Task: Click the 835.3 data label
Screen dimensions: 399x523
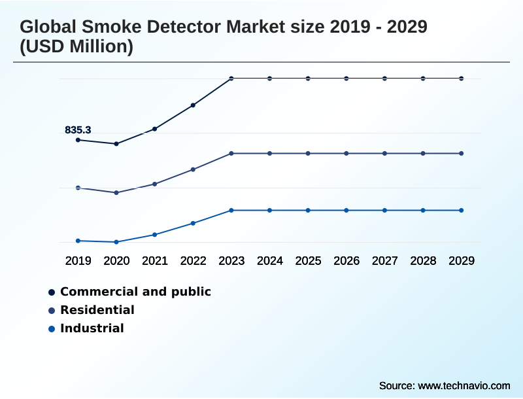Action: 78,130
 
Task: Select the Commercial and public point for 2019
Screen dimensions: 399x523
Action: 78,140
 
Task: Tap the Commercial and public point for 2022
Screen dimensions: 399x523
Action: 193,105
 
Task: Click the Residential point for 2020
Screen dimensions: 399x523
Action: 116,193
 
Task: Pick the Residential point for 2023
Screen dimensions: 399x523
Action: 231,154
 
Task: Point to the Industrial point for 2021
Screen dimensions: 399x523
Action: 155,234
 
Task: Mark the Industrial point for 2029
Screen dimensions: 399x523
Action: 462,211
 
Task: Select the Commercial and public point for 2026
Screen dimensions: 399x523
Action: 346,78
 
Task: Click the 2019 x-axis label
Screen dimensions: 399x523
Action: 78,261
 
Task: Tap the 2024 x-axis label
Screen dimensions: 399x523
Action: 270,261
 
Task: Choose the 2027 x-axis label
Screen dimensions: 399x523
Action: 385,261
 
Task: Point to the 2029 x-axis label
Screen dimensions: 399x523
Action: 462,261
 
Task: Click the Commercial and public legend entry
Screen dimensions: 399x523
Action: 135,292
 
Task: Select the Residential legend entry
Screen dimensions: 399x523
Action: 97,310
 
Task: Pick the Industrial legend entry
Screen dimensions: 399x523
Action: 92,328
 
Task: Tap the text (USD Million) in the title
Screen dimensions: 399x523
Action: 76,47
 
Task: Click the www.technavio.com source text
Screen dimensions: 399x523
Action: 464,385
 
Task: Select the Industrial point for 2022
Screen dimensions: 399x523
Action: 193,223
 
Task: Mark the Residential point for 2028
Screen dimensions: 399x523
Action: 423,154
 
